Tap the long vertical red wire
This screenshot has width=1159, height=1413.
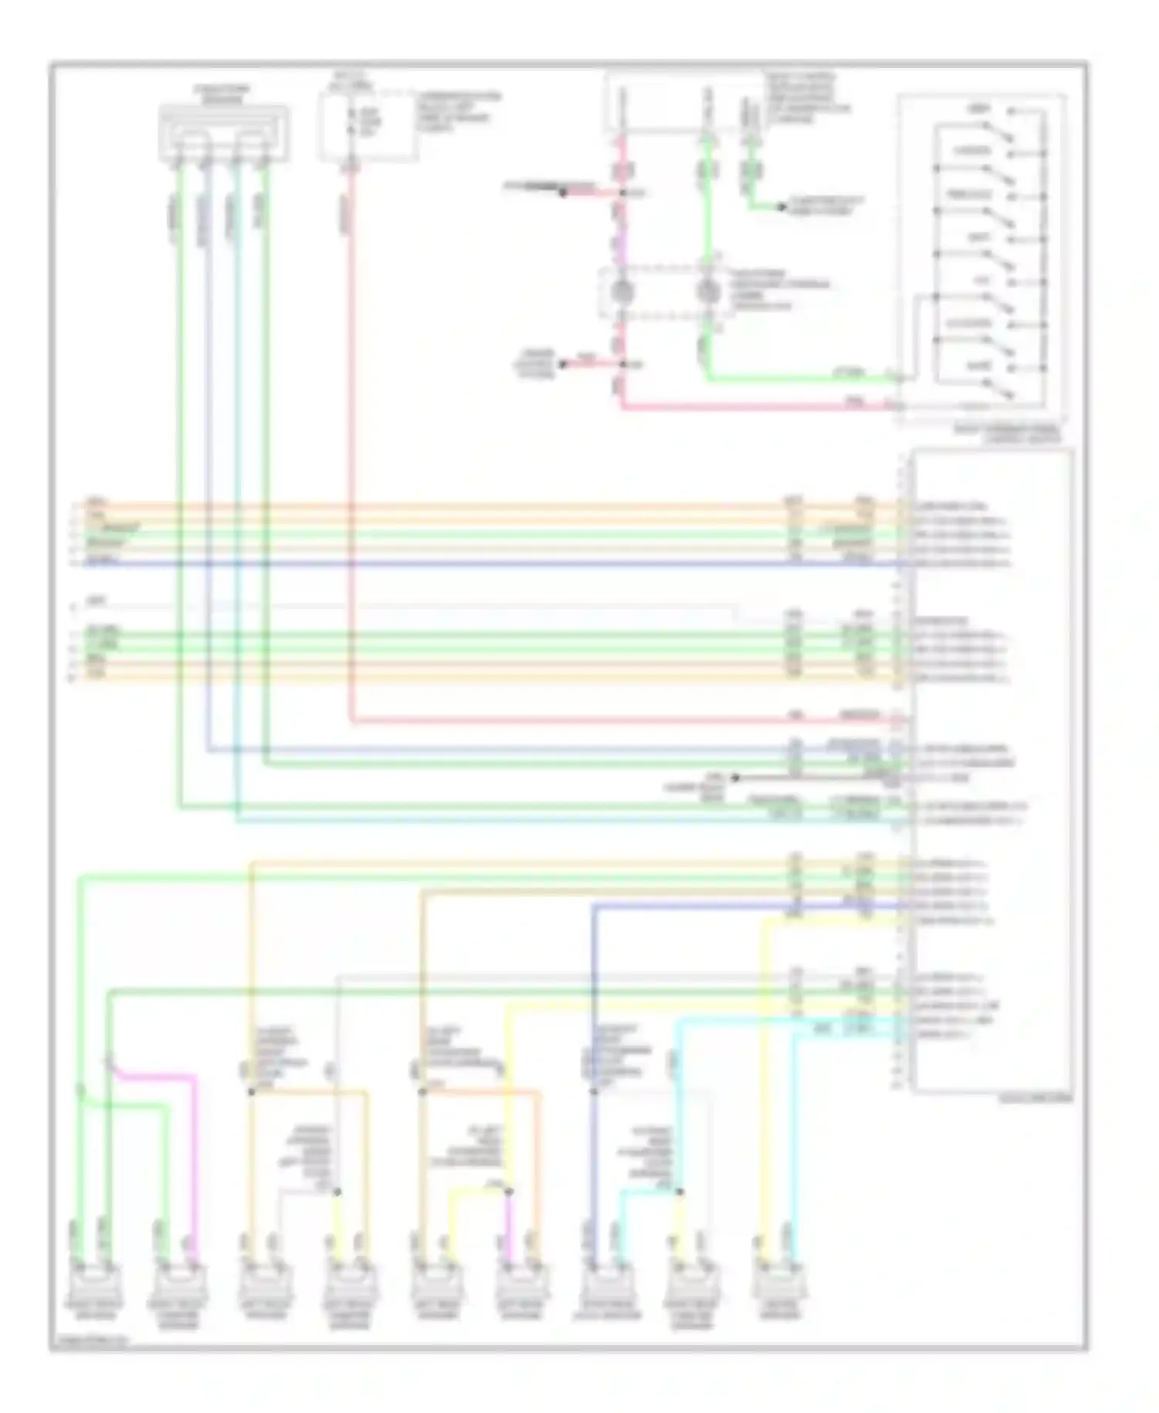pos(351,464)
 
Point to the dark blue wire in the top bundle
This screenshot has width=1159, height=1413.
pos(464,564)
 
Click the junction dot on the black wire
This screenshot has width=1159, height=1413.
pos(735,778)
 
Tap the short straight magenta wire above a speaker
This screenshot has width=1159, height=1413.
pos(510,1229)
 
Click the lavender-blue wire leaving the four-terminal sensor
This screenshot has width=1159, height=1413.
pos(207,464)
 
